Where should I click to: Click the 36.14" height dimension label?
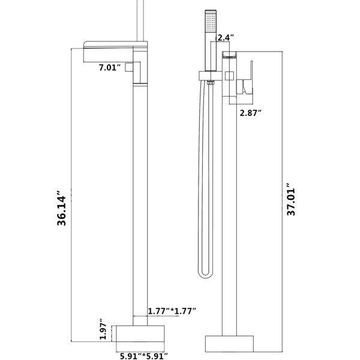(x=62, y=208)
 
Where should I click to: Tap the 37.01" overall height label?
(x=291, y=199)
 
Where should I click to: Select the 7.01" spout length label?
(x=110, y=67)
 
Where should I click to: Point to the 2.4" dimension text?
(x=226, y=37)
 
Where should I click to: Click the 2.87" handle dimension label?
(x=251, y=113)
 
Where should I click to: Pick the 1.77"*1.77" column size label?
(x=172, y=311)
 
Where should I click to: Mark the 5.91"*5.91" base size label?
(x=144, y=356)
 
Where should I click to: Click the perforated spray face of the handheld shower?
(x=211, y=23)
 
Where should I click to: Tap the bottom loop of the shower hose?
(x=205, y=276)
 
